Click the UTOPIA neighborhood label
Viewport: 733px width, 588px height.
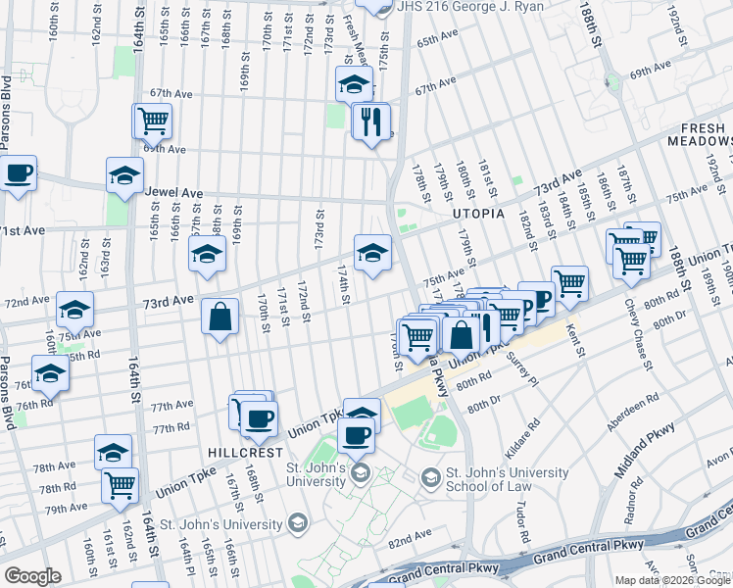click(x=477, y=213)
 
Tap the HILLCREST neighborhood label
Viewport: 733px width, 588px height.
click(x=246, y=454)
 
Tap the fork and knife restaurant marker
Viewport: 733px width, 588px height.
click(x=370, y=122)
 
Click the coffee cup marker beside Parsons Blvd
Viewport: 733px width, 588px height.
click(x=18, y=174)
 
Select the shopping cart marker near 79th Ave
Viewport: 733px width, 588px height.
click(x=121, y=484)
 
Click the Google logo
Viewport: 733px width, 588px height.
click(x=32, y=575)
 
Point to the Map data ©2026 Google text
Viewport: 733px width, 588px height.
click(x=672, y=580)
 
